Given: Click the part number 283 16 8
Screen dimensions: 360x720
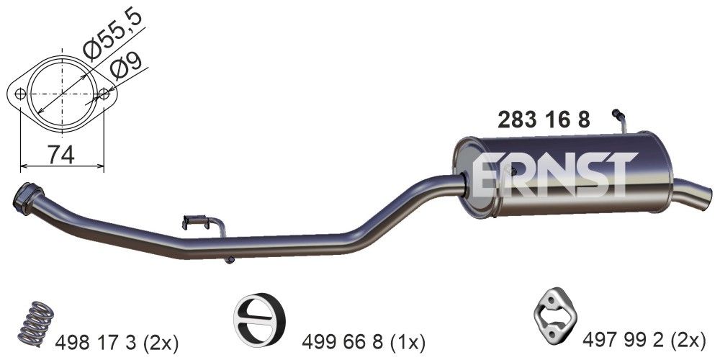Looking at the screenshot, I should (544, 120).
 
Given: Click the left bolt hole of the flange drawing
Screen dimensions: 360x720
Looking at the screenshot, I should (21, 94).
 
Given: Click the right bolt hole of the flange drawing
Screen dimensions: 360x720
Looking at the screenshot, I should (105, 94).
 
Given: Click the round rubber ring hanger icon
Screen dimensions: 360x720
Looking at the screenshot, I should (260, 318).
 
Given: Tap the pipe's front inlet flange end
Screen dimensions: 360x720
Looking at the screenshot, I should (27, 197).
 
